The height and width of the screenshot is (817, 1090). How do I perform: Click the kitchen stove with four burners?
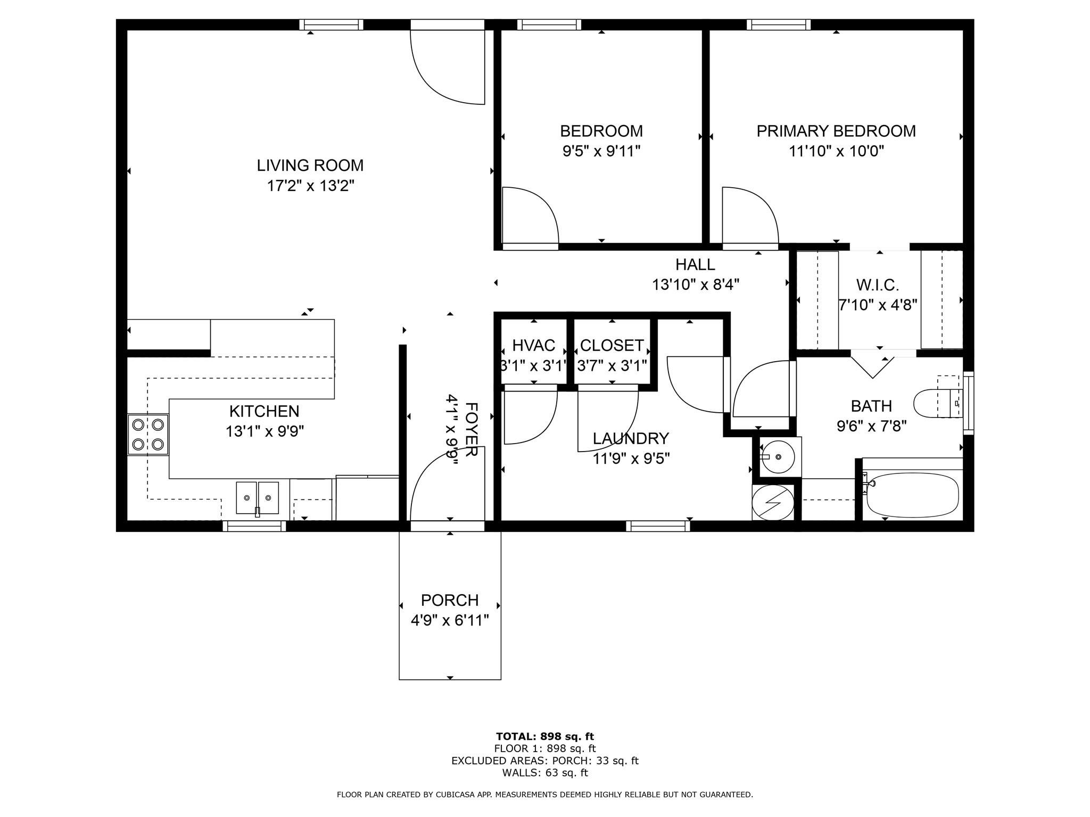click(x=148, y=434)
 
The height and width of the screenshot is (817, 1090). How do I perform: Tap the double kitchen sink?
click(x=257, y=498)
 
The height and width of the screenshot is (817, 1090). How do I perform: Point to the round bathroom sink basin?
click(x=778, y=457)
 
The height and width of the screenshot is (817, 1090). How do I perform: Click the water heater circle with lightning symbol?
click(x=773, y=502)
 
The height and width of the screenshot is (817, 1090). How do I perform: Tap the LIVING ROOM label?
click(x=310, y=165)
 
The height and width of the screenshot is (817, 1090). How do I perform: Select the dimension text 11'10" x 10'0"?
click(x=836, y=152)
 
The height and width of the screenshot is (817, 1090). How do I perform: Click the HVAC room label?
click(x=533, y=346)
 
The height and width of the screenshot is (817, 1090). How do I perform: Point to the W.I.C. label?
click(x=877, y=286)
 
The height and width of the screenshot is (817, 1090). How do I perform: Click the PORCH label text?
click(x=450, y=600)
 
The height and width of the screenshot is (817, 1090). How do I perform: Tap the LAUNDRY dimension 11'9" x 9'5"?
click(x=631, y=458)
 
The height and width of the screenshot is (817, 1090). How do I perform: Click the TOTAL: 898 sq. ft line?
click(x=544, y=737)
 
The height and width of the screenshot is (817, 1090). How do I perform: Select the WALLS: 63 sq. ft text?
click(x=544, y=773)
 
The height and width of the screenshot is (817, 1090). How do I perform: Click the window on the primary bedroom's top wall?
click(x=778, y=24)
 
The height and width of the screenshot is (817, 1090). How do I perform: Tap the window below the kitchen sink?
click(x=254, y=526)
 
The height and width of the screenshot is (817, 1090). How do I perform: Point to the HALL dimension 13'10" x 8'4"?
click(x=696, y=285)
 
